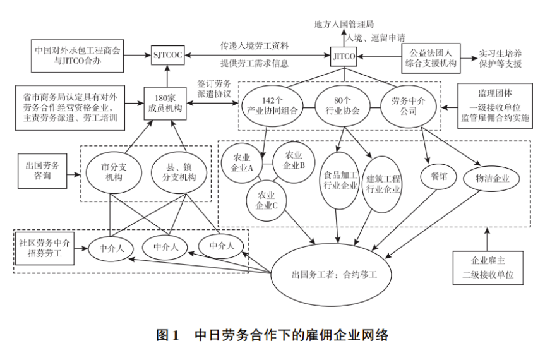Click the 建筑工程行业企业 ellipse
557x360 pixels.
[383, 183]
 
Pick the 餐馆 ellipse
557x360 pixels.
[438, 176]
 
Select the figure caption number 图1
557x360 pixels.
[169, 335]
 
